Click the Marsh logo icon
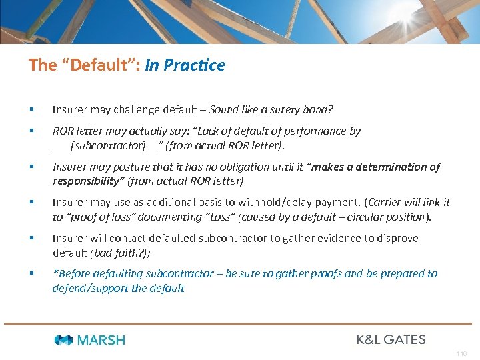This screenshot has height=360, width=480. [x=63, y=340]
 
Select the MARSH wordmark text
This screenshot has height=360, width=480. [x=101, y=340]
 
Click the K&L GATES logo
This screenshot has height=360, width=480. [x=391, y=339]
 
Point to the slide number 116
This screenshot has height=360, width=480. [x=461, y=353]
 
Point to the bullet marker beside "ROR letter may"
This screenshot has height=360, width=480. [x=31, y=131]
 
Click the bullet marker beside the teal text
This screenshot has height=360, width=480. [x=31, y=273]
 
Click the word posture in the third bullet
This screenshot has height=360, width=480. [x=135, y=167]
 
